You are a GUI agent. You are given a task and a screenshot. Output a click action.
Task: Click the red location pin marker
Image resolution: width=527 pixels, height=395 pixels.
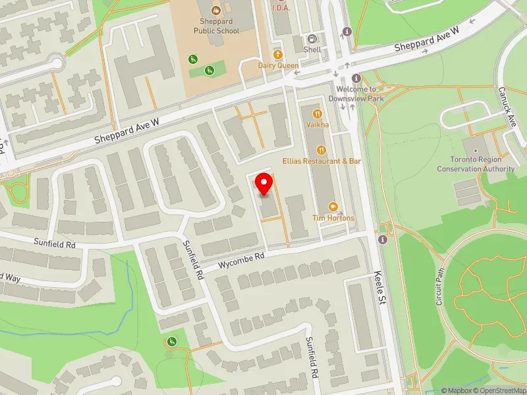pos(264,184)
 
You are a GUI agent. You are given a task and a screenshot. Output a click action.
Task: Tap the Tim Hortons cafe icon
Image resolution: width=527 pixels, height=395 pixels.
pos(333,207)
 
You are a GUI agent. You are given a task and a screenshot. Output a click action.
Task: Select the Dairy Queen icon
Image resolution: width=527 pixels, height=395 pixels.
pos(278,55)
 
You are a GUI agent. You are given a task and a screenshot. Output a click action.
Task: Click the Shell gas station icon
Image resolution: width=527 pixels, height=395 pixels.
pos(312,38)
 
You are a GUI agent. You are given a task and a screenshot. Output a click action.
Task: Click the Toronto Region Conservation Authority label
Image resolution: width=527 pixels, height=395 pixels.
pos(476,164)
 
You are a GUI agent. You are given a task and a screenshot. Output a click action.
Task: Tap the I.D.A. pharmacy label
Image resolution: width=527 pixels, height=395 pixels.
pos(281,8)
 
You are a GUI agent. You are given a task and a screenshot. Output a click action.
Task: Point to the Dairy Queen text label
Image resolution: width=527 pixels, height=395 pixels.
pos(279,66)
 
